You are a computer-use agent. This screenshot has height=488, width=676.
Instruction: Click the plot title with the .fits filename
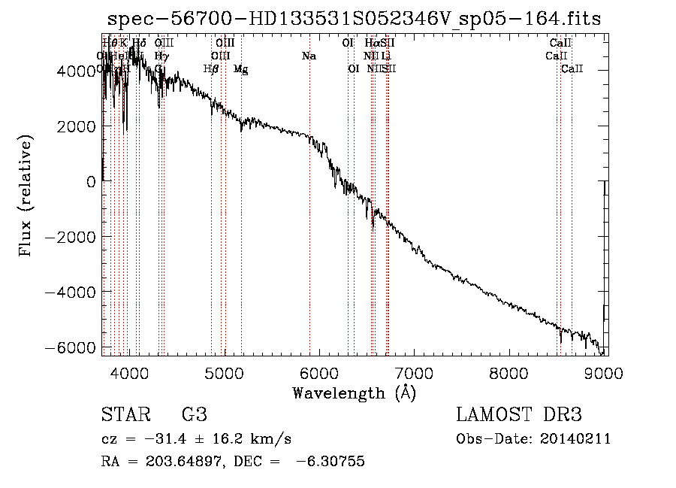pos(355,18)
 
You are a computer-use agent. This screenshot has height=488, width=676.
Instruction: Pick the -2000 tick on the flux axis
pos(74,237)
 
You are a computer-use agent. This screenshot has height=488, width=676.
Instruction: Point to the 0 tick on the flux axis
pos(90,181)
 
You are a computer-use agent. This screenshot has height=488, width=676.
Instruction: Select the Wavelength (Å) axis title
pos(354,393)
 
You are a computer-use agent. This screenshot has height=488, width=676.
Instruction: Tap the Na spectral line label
pos(309,56)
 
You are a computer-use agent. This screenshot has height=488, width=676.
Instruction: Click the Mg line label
pos(240,69)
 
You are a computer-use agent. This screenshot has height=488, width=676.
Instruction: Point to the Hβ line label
pos(211,69)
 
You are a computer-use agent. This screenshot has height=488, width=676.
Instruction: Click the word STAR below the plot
pos(125,415)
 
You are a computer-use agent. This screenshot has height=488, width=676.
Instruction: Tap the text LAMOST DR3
pos(519,415)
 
